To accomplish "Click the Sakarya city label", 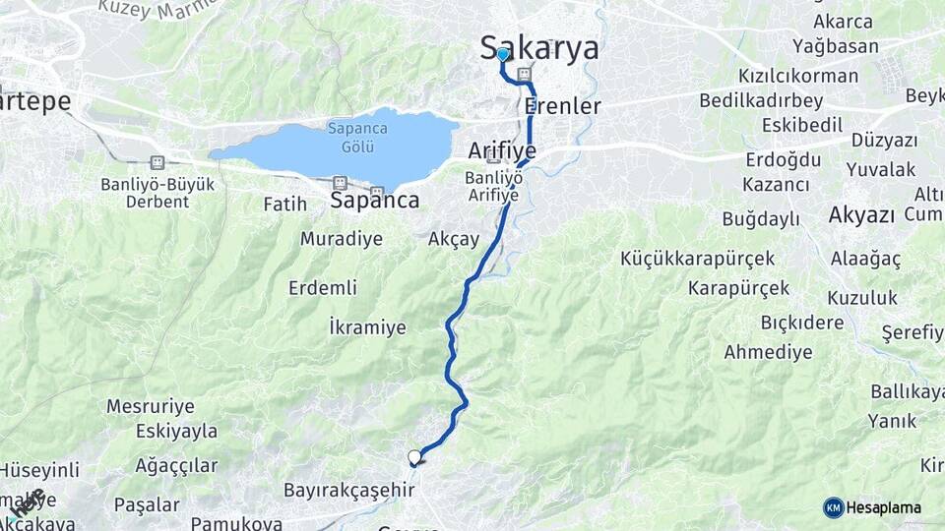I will coord(539,47).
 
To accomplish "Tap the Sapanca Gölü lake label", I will coord(356,137).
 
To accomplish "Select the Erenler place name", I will coord(562,105).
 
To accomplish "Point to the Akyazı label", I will coord(860,215).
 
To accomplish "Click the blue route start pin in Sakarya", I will coord(502,55).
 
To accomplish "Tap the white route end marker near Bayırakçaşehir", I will coord(414,457).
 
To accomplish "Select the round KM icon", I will coord(833,507).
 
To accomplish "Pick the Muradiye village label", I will coord(340,238).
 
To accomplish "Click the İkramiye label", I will coord(367,327).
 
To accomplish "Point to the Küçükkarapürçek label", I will coord(698,259).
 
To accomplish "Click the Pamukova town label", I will coord(236,523).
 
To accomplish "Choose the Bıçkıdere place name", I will coord(801,323).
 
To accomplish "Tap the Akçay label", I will coord(454,239).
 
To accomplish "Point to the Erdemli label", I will coord(322,288).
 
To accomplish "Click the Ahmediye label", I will coord(768,351).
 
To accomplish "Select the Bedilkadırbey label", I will coord(761,100).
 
